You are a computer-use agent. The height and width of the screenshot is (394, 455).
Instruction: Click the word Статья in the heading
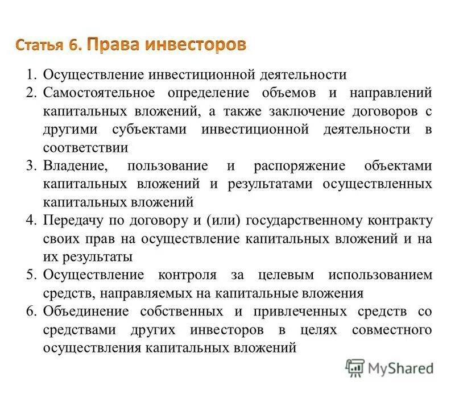[39, 45]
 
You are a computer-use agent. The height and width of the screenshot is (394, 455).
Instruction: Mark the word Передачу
[73, 221]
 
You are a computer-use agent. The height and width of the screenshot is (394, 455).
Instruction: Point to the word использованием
[380, 275]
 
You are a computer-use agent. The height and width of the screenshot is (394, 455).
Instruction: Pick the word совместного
[392, 330]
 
